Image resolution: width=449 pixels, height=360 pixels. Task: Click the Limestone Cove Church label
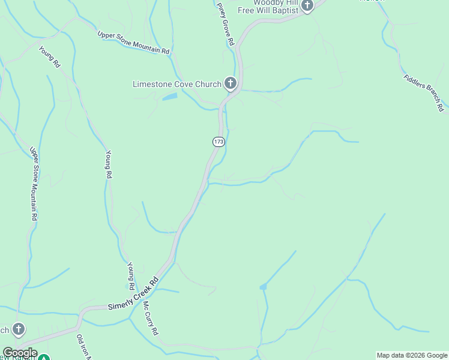point(176,84)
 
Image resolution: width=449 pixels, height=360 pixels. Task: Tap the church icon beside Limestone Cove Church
point(230,83)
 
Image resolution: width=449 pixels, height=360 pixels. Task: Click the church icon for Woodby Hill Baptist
point(307,6)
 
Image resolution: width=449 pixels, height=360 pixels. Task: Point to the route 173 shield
point(218,142)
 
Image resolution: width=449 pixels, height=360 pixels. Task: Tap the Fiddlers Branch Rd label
point(424,92)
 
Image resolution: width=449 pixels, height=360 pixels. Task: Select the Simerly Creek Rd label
point(133,294)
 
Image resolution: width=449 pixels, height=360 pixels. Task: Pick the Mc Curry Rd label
point(150,319)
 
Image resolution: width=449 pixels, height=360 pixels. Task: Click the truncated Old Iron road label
point(83,347)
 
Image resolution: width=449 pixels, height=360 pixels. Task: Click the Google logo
point(19,353)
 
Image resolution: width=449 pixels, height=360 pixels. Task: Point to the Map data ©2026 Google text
point(412,355)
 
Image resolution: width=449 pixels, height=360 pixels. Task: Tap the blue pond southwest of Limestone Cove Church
point(170,96)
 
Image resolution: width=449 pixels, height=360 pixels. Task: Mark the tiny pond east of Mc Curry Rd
point(263,287)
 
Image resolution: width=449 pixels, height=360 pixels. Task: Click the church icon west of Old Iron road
point(19,329)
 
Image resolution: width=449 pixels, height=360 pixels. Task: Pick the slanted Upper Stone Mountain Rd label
point(133,43)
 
